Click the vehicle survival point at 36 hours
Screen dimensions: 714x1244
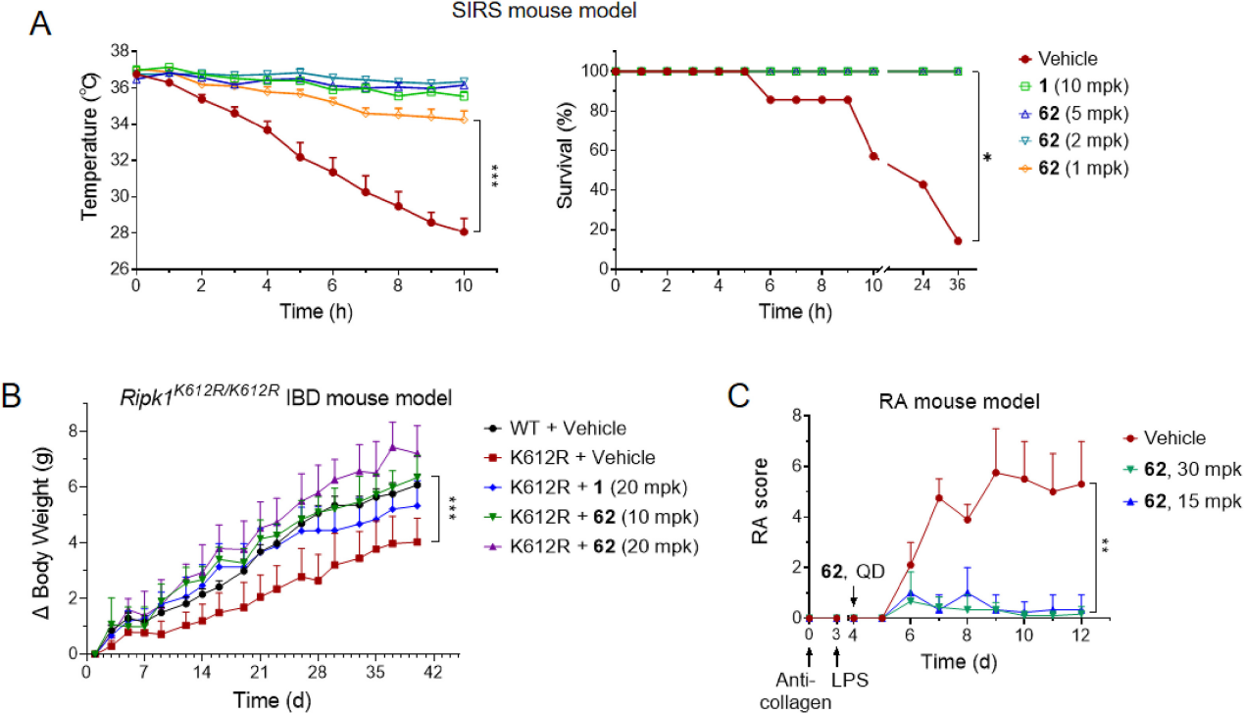(958, 241)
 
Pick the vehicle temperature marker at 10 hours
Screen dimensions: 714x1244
(464, 231)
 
